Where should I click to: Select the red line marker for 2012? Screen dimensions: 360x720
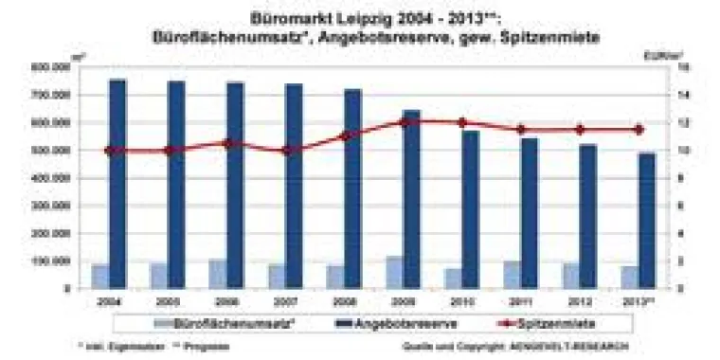(580, 130)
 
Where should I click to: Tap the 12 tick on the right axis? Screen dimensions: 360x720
(682, 122)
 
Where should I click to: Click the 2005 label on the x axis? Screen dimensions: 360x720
(170, 300)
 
